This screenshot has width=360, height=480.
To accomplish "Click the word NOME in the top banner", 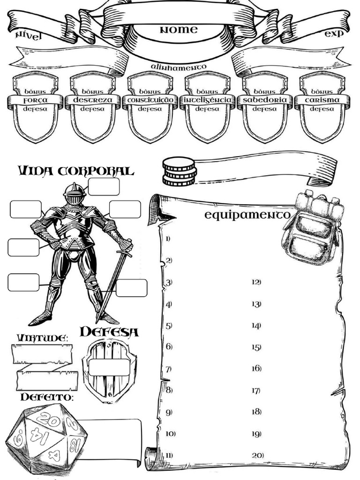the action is [179, 30].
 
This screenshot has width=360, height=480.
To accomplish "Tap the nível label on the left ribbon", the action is [28, 36].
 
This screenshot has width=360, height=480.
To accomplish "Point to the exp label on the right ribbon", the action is [334, 33].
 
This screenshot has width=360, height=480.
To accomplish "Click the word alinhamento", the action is [179, 67].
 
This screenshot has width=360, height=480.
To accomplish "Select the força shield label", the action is [36, 100].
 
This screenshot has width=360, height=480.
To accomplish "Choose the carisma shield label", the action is [322, 100].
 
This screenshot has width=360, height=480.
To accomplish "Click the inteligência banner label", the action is [208, 100].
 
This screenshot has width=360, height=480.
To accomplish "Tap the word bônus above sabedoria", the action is [264, 91].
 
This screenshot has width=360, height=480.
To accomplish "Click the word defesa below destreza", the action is [92, 109].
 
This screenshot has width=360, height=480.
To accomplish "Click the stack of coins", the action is [179, 172].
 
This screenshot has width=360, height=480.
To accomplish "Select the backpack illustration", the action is [312, 227].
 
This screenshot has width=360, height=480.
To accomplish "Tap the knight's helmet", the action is [74, 194].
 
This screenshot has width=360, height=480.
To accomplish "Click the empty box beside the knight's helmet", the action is [104, 187].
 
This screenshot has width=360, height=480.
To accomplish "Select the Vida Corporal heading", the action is [76, 171].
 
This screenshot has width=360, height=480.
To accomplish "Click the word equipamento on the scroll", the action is [247, 215].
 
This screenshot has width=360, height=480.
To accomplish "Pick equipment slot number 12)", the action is [256, 282].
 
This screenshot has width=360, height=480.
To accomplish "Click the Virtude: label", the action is [42, 338].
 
